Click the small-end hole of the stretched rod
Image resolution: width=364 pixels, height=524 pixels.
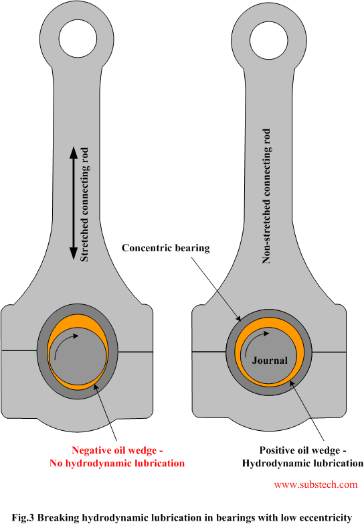[78, 38]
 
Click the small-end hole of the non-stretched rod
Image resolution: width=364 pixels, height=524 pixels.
[269, 40]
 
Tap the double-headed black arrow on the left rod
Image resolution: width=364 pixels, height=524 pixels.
[74, 203]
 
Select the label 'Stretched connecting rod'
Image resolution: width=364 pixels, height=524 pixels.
[84, 204]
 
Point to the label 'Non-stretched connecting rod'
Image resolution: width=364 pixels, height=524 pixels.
[266, 196]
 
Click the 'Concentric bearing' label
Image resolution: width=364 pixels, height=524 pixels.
[165, 248]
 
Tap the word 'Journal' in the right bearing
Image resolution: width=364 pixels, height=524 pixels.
[270, 361]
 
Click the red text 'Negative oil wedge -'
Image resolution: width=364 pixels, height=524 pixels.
[117, 450]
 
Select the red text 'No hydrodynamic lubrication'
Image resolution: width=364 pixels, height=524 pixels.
[117, 463]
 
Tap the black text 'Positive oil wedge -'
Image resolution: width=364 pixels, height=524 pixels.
[303, 450]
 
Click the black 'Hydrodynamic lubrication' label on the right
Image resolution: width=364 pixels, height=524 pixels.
[302, 463]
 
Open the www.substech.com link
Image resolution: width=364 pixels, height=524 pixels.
[316, 484]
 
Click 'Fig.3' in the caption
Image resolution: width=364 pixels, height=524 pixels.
[23, 517]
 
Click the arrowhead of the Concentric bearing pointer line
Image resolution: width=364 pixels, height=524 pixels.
[240, 319]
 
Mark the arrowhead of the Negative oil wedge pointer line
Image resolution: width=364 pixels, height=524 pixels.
[96, 387]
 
